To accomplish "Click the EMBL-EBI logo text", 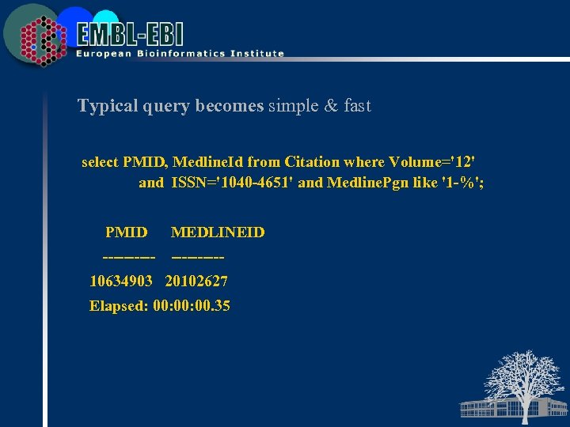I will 130,33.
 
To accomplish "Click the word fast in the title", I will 356,106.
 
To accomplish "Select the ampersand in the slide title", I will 330,106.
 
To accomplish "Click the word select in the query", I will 100,162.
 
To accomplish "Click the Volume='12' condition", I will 432,162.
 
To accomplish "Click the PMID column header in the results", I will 126,232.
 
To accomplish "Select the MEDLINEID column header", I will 218,232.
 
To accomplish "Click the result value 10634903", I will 121,282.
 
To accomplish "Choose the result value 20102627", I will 196,282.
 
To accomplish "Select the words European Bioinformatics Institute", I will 180,54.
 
